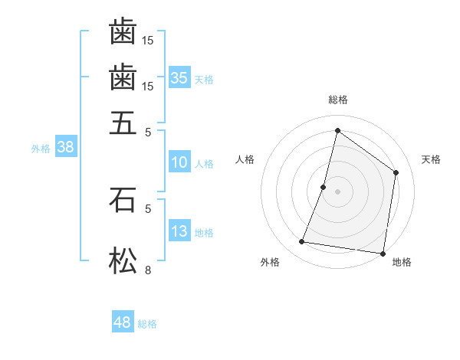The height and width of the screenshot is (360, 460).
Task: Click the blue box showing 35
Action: (179, 77)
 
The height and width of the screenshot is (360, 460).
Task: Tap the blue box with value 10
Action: (179, 162)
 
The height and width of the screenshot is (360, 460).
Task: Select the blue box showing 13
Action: (179, 231)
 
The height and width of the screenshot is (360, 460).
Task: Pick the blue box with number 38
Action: (65, 148)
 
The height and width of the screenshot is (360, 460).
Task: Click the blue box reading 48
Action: (123, 322)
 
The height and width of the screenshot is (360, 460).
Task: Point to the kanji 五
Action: (123, 122)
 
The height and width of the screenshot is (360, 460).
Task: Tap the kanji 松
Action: (123, 260)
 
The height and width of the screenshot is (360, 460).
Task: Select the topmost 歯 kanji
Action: (123, 31)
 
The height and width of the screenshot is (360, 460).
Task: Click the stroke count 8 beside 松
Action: (148, 270)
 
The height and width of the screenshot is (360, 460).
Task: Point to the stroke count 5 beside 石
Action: (148, 208)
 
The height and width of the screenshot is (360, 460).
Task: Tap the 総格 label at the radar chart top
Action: (338, 100)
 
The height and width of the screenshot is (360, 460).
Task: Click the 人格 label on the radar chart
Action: (245, 159)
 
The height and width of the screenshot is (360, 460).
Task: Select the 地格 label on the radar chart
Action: (402, 262)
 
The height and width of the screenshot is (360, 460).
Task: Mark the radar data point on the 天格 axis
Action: (396, 172)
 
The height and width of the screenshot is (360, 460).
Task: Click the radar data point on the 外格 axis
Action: (302, 242)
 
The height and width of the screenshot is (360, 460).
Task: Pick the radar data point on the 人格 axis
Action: (324, 187)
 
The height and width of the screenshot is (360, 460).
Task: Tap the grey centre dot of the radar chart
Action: (338, 191)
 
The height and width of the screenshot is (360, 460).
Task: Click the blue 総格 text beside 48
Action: (147, 324)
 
